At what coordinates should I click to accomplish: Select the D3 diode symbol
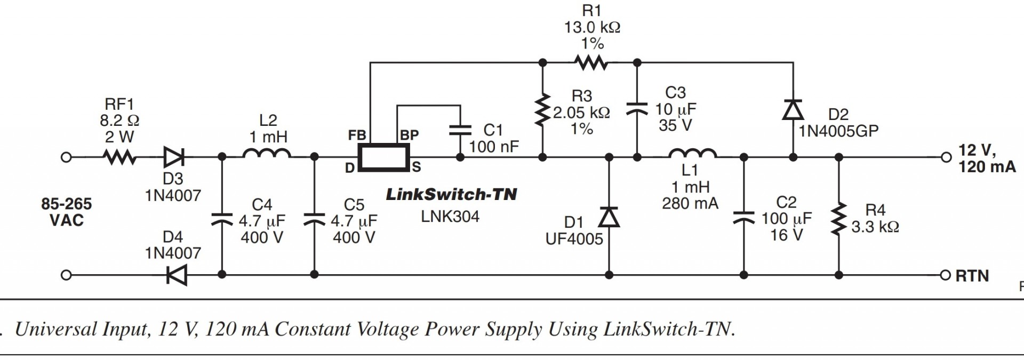tap(174, 157)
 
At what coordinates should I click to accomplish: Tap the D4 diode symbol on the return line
tap(176, 275)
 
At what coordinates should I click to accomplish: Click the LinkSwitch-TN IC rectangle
tap(384, 157)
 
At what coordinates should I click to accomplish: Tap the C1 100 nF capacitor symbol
tap(460, 130)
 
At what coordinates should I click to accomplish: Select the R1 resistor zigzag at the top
tap(591, 63)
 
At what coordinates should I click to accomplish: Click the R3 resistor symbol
tap(542, 110)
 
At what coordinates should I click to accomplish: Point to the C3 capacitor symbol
tap(637, 108)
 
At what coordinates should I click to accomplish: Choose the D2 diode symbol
tap(793, 109)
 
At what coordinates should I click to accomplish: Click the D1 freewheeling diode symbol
tap(609, 217)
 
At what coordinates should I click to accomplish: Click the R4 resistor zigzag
tap(839, 218)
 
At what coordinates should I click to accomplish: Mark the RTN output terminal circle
tap(946, 275)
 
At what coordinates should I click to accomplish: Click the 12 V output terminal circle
tap(946, 157)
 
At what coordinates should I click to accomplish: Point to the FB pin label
tap(357, 135)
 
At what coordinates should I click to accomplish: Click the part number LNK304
tap(450, 216)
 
